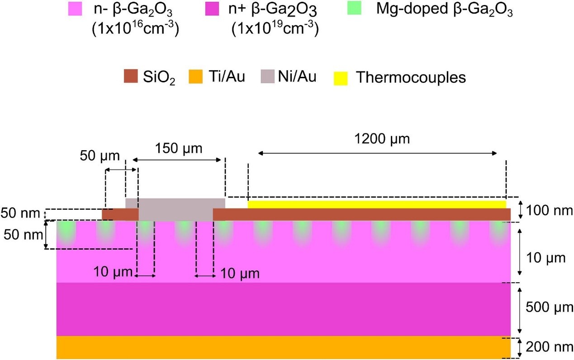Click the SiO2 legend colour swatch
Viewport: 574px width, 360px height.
[x=131, y=76]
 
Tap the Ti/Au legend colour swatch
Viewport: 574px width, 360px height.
[x=195, y=76]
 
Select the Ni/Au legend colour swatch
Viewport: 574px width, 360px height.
[x=267, y=76]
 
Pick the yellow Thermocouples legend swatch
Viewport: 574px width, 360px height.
[x=341, y=78]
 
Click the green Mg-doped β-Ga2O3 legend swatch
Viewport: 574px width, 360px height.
[x=354, y=8]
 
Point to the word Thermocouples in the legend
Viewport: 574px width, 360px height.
[x=411, y=77]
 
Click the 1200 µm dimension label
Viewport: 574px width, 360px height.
[x=382, y=139]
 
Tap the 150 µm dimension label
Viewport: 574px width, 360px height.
[x=179, y=148]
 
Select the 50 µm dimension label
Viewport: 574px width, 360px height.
[x=100, y=156]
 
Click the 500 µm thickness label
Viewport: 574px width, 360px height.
[x=549, y=307]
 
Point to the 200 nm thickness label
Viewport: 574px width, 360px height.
[x=549, y=347]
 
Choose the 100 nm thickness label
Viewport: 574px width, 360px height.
[x=549, y=211]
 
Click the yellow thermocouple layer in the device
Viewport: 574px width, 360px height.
[x=377, y=204]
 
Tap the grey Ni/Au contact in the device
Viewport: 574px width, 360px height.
[x=176, y=209]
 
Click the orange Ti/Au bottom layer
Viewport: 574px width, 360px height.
[x=284, y=347]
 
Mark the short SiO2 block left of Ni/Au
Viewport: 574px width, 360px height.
[x=120, y=214]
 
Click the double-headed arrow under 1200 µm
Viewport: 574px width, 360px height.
[x=377, y=153]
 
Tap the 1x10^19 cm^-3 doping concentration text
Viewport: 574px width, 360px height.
[x=275, y=28]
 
